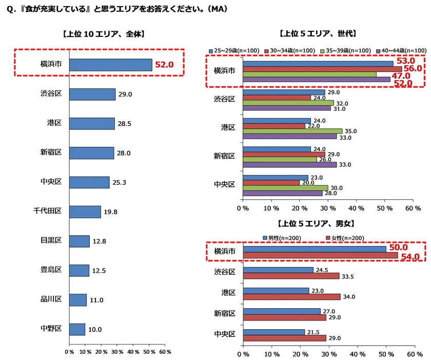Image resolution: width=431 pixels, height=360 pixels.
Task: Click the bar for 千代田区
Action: click(85, 212)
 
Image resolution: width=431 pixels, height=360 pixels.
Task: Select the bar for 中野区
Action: click(77, 329)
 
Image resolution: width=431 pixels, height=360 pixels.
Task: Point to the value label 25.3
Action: click(120, 182)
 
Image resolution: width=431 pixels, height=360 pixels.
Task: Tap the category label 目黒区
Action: click(51, 240)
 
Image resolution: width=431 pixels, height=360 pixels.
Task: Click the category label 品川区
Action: click(51, 299)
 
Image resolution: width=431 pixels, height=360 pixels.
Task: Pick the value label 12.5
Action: click(99, 271)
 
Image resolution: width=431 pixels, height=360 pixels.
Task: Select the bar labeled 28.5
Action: click(92, 124)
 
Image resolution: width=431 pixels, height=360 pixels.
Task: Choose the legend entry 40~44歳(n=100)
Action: click(402, 50)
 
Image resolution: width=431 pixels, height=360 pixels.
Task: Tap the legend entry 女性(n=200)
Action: click(347, 238)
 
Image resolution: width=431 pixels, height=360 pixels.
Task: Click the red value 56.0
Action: click(412, 68)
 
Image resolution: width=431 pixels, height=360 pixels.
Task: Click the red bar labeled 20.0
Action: click(271, 182)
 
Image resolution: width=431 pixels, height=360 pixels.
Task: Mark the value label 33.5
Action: click(349, 276)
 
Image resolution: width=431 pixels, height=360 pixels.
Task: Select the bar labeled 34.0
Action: click(291, 296)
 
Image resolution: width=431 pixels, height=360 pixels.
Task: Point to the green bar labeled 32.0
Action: click(288, 103)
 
